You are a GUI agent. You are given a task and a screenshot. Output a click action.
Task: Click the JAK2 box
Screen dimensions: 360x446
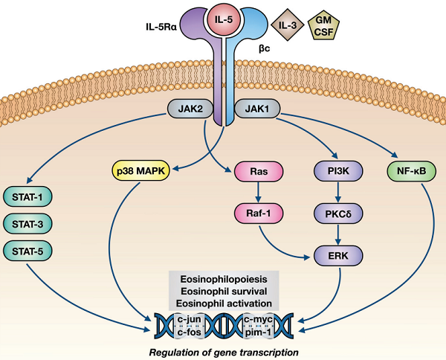click(190, 110)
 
